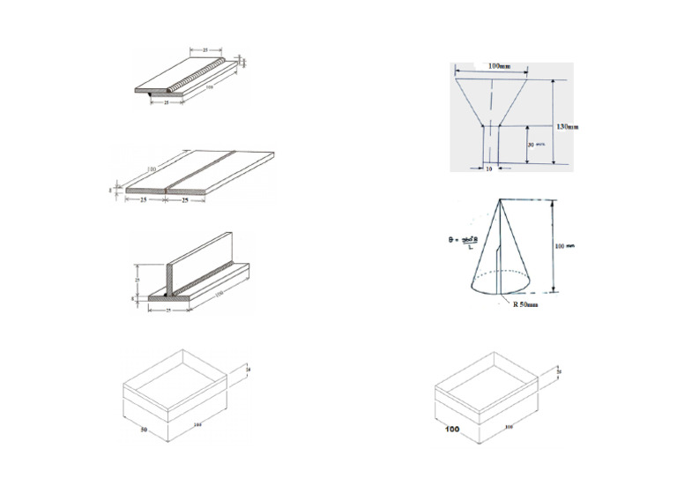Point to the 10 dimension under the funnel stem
pos(488,168)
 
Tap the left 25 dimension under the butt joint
pos(143,200)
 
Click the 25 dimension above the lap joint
pos(205,51)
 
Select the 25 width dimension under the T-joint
pos(167,311)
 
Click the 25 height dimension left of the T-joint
pos(137,278)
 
